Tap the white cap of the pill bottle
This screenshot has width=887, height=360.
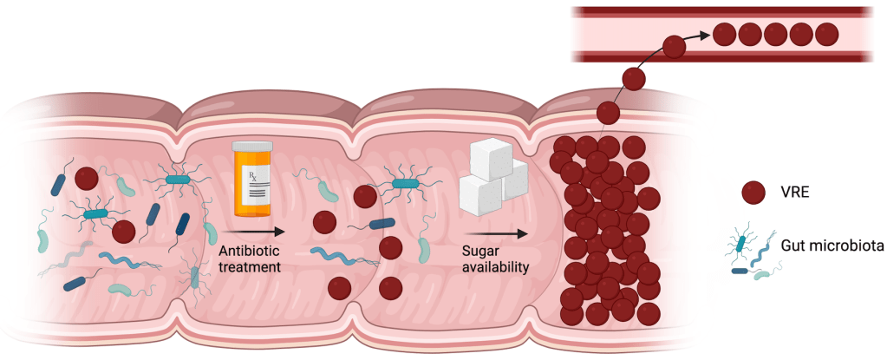pos(253,147)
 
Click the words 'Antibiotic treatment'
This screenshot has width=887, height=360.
pos(250,259)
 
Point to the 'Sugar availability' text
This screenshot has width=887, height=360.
pos(494,259)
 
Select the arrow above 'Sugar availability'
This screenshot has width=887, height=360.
pos(497,232)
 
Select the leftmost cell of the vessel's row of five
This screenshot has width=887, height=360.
pos(724,36)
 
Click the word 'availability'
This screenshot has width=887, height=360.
pos(494,267)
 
